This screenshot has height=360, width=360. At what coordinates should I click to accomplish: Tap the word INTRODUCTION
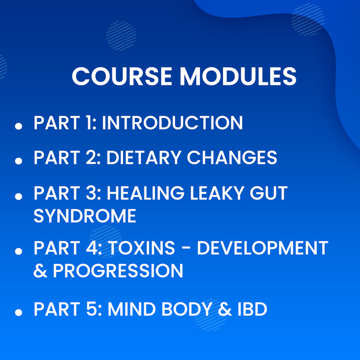[172, 123]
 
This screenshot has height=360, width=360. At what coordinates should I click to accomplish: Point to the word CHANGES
[232, 158]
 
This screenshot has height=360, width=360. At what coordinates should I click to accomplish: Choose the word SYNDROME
[85, 216]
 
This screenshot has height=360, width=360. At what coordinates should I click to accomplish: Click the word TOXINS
[141, 248]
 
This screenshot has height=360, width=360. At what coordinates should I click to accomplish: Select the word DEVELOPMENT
[262, 248]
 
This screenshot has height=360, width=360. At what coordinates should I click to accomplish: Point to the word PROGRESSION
[118, 271]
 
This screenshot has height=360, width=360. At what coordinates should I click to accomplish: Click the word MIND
[131, 309]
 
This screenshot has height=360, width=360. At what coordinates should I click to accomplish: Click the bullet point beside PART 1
[19, 127]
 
